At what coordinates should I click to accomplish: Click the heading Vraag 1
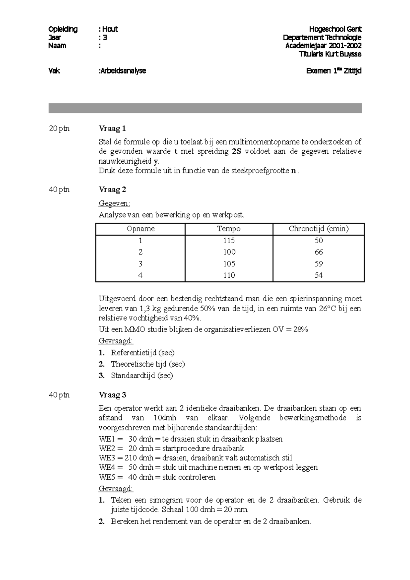coord(112,128)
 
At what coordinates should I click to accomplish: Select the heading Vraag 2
coord(112,189)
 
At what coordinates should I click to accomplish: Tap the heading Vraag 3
coord(112,395)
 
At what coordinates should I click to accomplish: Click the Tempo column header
coord(229,229)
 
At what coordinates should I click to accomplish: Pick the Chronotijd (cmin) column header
coord(318,229)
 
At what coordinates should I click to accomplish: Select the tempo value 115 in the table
coord(229,240)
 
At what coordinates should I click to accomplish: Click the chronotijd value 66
coord(318,252)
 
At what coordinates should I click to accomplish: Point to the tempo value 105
coord(229,264)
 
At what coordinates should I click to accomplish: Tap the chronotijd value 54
coord(318,275)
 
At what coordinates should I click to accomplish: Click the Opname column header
coord(140,229)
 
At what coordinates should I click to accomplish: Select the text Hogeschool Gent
coord(335,29)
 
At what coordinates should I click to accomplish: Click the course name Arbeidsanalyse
coord(123,71)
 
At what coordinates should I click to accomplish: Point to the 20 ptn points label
coord(59,128)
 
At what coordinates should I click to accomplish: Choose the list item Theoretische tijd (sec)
coord(148,364)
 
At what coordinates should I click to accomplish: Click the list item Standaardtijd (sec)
coord(142,376)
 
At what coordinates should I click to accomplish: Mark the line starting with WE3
coord(195,458)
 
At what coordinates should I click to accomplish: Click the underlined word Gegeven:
coord(114,204)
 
